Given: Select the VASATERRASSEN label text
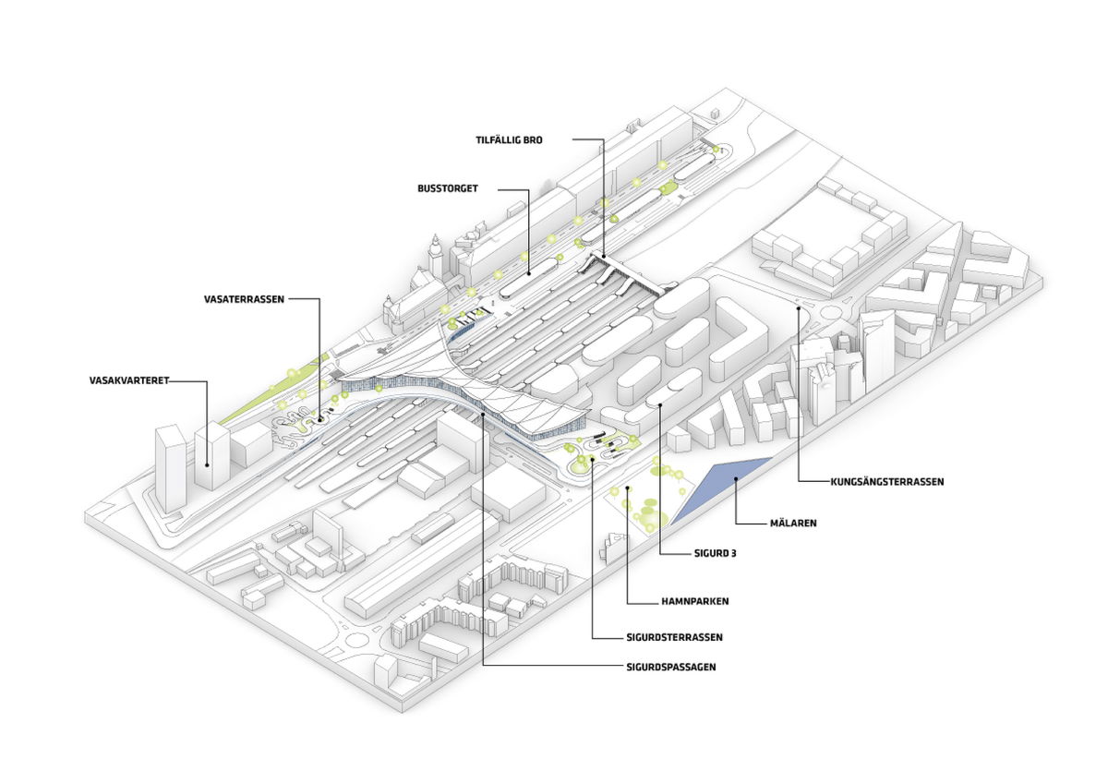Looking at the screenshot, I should click(244, 299).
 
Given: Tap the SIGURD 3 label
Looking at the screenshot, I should click(714, 555).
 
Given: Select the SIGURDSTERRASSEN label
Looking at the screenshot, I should click(670, 637).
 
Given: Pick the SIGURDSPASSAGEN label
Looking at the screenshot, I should click(669, 666).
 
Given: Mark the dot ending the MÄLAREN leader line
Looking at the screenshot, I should click(735, 478).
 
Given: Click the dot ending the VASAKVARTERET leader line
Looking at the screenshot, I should click(207, 464).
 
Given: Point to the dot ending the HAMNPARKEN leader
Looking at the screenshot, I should click(627, 488).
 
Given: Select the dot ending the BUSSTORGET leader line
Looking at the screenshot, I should click(528, 273).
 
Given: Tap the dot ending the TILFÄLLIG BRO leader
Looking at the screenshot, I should click(604, 254).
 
